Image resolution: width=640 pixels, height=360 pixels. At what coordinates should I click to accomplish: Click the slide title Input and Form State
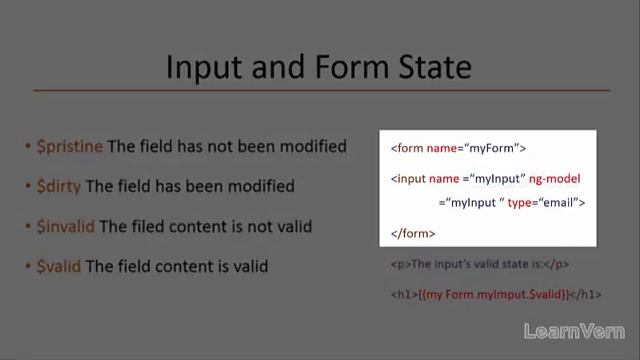(318, 67)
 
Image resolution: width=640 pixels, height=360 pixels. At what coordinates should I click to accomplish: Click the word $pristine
(70, 146)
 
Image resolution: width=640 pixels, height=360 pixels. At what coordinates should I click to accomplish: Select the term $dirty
(59, 186)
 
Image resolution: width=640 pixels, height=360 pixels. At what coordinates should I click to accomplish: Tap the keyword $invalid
(65, 226)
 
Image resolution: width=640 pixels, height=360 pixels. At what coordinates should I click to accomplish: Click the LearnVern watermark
(574, 332)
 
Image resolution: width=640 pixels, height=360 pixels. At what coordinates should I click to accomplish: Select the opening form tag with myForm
(458, 148)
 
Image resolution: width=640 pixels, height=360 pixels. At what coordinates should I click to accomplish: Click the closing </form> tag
(413, 233)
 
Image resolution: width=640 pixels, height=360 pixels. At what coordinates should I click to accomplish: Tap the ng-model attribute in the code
(556, 178)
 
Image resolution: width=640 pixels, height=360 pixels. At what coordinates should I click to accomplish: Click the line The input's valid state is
(476, 264)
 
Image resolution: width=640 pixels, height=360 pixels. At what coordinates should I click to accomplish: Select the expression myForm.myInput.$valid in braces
(492, 294)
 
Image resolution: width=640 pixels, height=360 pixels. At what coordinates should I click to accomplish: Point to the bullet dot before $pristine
(28, 147)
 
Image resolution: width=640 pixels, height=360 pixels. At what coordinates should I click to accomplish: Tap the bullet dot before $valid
(28, 267)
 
